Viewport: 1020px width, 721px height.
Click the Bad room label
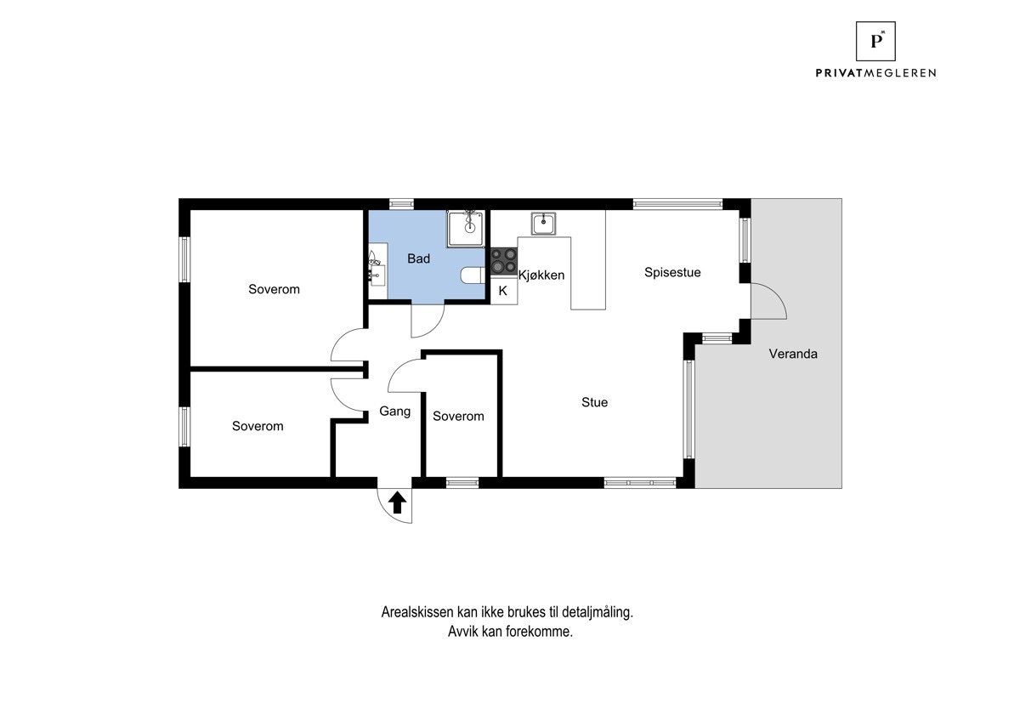tap(418, 258)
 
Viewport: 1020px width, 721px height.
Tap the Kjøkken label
tap(541, 275)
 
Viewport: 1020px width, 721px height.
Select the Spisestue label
tap(672, 272)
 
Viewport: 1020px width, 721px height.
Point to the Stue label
tap(594, 402)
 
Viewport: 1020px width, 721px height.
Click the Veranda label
tap(793, 354)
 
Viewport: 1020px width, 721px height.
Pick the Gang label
tap(394, 412)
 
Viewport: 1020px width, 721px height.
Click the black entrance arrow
tap(397, 502)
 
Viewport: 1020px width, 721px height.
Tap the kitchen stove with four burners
tap(503, 261)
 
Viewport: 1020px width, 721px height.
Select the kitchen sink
tap(543, 224)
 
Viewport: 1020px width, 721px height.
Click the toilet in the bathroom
tap(473, 275)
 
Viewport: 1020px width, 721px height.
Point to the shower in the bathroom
tap(466, 229)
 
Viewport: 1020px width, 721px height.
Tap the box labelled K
tap(503, 291)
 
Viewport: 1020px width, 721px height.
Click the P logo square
tap(875, 41)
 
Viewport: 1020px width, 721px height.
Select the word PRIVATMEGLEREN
tap(875, 73)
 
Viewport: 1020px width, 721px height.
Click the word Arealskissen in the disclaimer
tap(417, 612)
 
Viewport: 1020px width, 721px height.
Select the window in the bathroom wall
tap(401, 204)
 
